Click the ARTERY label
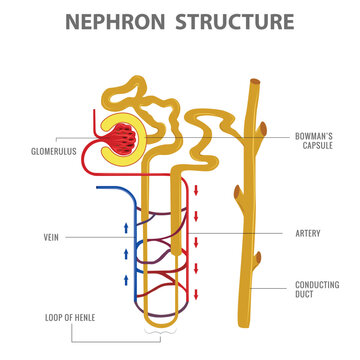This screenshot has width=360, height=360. click(308, 232)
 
